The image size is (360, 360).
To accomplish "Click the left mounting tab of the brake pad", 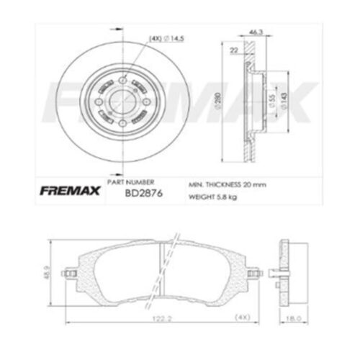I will coord(70,274).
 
